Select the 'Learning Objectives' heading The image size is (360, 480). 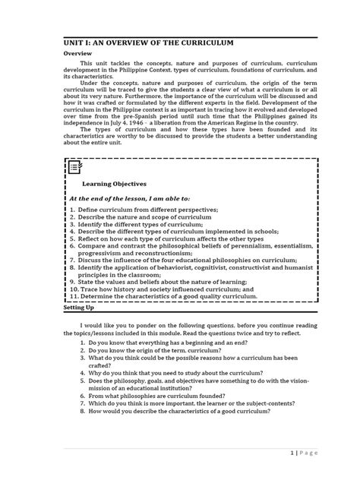pyautogui.click(x=115, y=183)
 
